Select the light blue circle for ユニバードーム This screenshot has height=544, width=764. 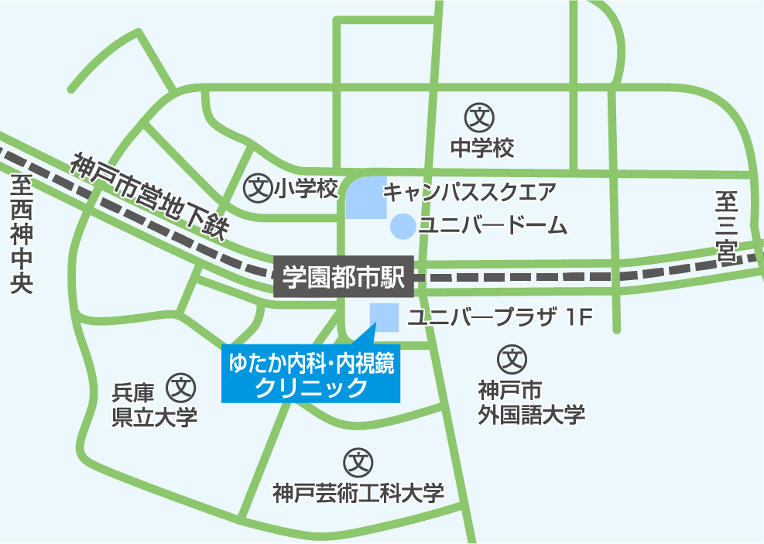click(x=402, y=226)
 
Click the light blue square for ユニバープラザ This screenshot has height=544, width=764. click(x=384, y=316)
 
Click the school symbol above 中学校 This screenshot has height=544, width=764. click(x=480, y=118)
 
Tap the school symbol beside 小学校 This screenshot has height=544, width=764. click(x=257, y=188)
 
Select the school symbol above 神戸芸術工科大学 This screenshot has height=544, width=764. click(x=358, y=463)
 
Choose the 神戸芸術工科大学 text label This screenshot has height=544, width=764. click(x=359, y=493)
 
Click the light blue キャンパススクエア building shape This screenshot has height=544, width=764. click(x=365, y=197)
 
